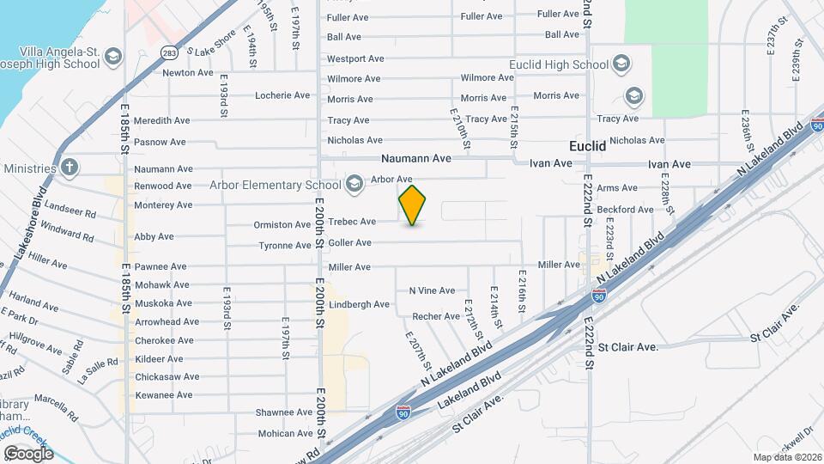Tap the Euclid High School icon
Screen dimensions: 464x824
pyautogui.click(x=621, y=64)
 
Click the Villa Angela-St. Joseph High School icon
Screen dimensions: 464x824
pyautogui.click(x=112, y=58)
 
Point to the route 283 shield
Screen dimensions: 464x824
pyautogui.click(x=168, y=51)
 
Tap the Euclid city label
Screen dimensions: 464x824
pyautogui.click(x=588, y=146)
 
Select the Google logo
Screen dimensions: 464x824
pyautogui.click(x=27, y=453)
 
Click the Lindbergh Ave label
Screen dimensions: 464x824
pyautogui.click(x=359, y=304)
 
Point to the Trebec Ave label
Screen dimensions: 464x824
pyautogui.click(x=352, y=222)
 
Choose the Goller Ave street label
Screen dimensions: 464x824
pyautogui.click(x=349, y=243)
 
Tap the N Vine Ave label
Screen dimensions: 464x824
pyautogui.click(x=432, y=290)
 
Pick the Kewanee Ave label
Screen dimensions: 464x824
pyautogui.click(x=164, y=395)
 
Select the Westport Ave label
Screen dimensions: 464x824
pyautogui.click(x=354, y=58)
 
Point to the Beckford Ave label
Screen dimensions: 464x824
pyautogui.click(x=625, y=210)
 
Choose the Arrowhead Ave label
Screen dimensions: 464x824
pyautogui.click(x=167, y=322)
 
